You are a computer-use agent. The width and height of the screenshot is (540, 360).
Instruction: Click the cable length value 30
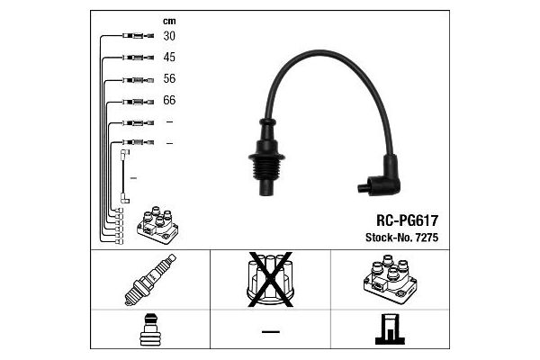(x=169, y=36)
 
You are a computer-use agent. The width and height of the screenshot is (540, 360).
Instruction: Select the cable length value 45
(x=169, y=57)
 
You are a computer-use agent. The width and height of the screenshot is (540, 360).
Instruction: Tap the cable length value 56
(x=169, y=78)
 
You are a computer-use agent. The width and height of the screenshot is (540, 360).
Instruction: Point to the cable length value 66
(x=169, y=100)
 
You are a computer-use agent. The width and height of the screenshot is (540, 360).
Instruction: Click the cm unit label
(x=169, y=22)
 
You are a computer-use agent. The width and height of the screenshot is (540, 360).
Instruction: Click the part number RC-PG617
(x=407, y=220)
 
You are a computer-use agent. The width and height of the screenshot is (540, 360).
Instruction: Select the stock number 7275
(x=427, y=238)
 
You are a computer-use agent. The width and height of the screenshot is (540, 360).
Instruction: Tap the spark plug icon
(x=150, y=280)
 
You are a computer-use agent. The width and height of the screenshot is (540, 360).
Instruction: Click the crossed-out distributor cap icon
(x=270, y=280)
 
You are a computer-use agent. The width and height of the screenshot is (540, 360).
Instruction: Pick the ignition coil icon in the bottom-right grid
(x=391, y=279)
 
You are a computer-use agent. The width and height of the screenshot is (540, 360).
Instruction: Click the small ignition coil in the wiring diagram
(x=157, y=225)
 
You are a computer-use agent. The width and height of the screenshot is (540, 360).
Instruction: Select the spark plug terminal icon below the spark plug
(x=150, y=329)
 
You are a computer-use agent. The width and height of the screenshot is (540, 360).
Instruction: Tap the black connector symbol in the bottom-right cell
(x=390, y=329)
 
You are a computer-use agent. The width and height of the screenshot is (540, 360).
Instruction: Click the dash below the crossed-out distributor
(x=271, y=332)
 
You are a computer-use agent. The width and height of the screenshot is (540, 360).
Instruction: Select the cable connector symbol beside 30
(x=138, y=35)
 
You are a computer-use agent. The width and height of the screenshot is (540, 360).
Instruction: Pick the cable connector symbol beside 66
(x=138, y=102)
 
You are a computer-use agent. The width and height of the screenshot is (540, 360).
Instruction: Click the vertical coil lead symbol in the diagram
(x=125, y=176)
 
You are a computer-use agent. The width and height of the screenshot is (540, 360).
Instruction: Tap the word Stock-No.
(x=389, y=238)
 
